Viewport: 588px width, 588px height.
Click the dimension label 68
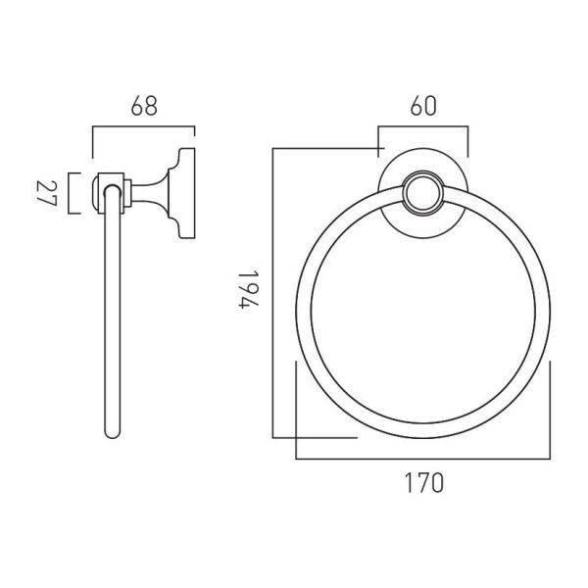pos(144,106)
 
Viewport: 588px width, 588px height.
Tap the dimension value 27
pos(46,193)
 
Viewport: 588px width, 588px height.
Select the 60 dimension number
pos(423,106)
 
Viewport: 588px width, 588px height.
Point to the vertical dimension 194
pos(248,289)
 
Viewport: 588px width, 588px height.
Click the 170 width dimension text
pos(423,482)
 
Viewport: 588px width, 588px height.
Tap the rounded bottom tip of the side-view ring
pos(112,435)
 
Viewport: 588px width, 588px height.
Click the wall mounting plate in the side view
pos(186,193)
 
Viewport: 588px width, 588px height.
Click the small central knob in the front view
pos(423,193)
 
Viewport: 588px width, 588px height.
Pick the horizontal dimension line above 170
pos(423,459)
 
